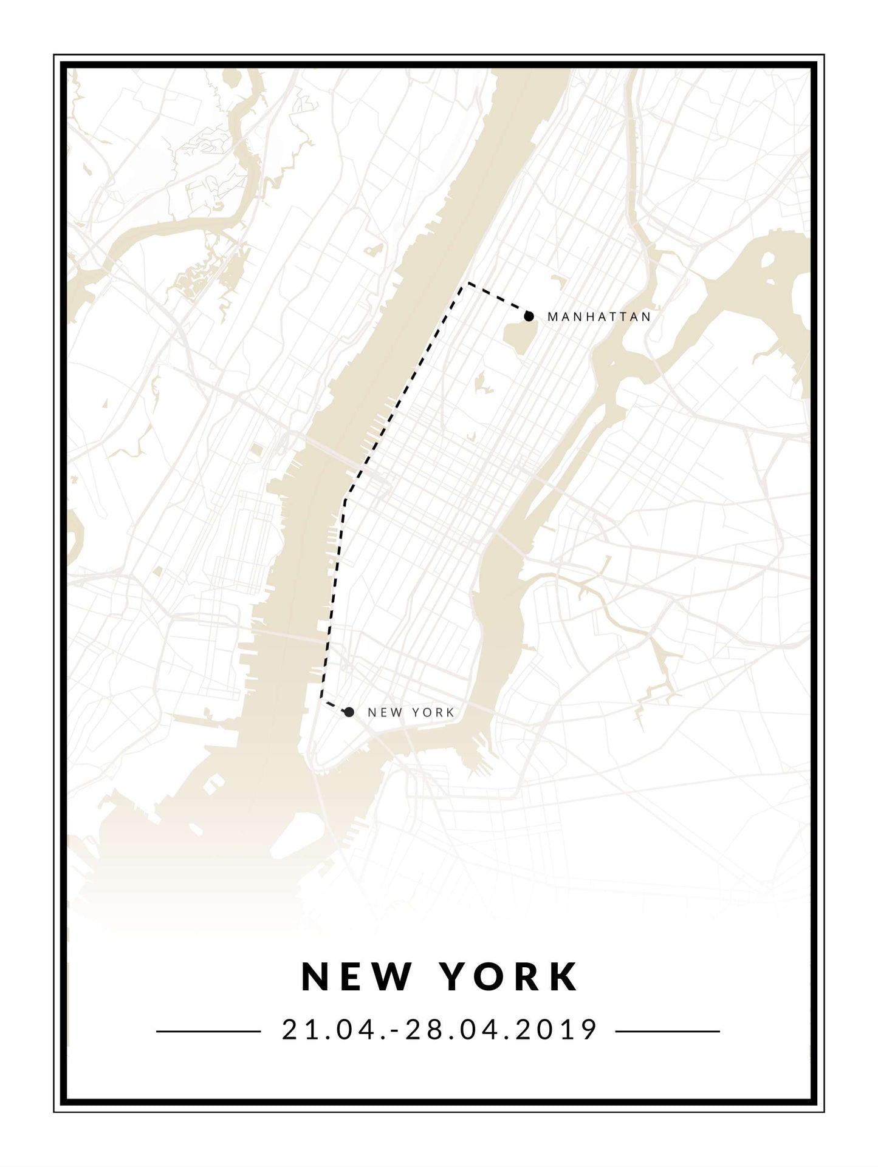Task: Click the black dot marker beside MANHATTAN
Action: pyautogui.click(x=529, y=316)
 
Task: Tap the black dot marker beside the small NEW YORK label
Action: pyautogui.click(x=349, y=712)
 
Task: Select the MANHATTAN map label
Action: pyautogui.click(x=599, y=317)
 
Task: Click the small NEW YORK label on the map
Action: pyautogui.click(x=411, y=713)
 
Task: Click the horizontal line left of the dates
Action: pyautogui.click(x=208, y=1031)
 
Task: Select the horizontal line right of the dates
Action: pyautogui.click(x=667, y=1031)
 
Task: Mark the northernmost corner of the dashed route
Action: pyautogui.click(x=466, y=284)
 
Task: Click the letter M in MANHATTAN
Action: pyautogui.click(x=552, y=317)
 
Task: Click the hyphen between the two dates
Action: pyautogui.click(x=399, y=1031)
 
